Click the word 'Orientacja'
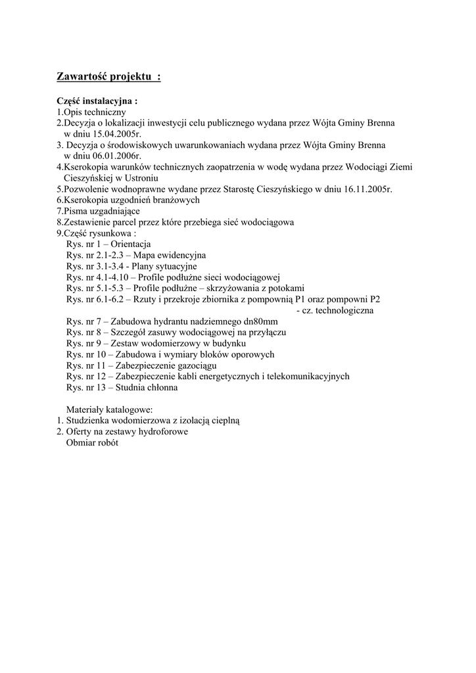[131, 244]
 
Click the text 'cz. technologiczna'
[335, 310]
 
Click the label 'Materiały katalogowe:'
[109, 409]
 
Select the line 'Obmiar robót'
[93, 443]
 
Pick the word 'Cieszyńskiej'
[89, 178]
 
